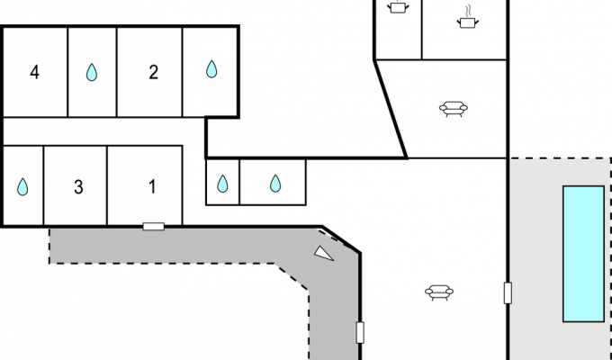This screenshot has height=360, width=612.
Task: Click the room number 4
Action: [x=35, y=73]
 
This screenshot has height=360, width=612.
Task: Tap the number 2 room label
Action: [x=153, y=73]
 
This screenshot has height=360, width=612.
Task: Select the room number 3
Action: [x=78, y=187]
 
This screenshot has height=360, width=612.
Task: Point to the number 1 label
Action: [x=152, y=186]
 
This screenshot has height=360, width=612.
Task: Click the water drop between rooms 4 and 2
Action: [x=92, y=73]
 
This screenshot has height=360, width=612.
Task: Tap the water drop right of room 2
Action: [x=211, y=69]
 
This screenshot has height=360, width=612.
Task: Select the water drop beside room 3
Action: [x=22, y=187]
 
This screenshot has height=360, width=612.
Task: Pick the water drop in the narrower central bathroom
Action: [x=222, y=184]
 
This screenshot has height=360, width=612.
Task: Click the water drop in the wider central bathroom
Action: [x=275, y=184]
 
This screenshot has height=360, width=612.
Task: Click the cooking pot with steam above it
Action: [x=468, y=22]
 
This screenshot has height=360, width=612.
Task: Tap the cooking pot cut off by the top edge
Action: [x=398, y=7]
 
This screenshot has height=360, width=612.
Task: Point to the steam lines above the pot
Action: [x=468, y=11]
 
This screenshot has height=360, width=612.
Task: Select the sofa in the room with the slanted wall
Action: [x=453, y=109]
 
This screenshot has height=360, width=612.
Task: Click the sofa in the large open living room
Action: [x=439, y=292]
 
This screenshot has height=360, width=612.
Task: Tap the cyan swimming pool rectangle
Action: [x=583, y=254]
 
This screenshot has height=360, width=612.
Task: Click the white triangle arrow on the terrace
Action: [x=323, y=254]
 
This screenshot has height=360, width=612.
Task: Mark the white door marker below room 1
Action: [x=153, y=227]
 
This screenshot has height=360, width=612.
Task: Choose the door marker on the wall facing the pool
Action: [x=508, y=293]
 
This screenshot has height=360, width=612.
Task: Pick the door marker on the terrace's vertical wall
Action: [x=360, y=333]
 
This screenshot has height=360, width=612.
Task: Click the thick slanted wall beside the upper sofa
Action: [x=391, y=109]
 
